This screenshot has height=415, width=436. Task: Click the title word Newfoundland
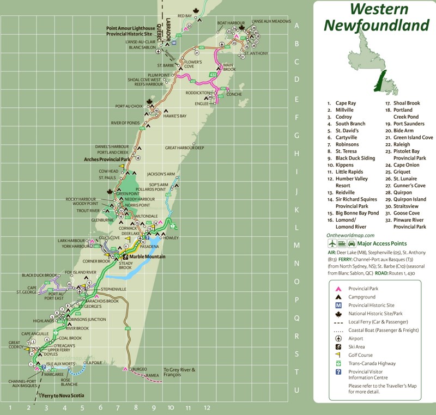(x=376, y=25)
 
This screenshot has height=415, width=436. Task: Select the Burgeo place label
(x=140, y=369)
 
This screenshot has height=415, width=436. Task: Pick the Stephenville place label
(x=113, y=288)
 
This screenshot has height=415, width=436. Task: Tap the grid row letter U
(x=296, y=390)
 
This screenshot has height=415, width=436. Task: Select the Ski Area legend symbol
(x=338, y=346)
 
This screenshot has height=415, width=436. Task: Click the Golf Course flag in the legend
(x=338, y=355)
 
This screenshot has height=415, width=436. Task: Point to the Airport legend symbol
(x=338, y=338)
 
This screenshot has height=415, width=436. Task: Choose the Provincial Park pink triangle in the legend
(x=338, y=289)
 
